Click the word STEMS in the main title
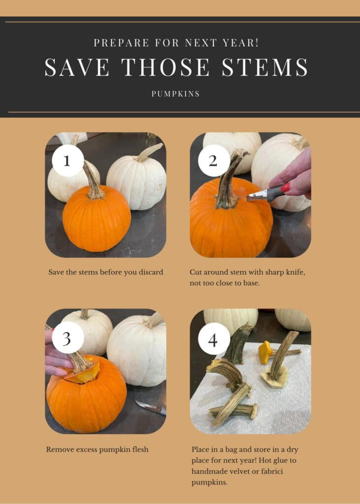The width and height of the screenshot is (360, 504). pyautogui.click(x=264, y=67)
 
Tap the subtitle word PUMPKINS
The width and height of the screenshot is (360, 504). pyautogui.click(x=176, y=94)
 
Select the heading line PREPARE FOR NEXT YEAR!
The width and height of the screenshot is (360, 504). pyautogui.click(x=176, y=42)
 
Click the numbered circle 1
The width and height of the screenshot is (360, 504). pyautogui.click(x=67, y=160)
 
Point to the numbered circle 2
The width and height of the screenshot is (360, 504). pyautogui.click(x=214, y=160)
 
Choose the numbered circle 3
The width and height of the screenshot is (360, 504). pyautogui.click(x=67, y=337)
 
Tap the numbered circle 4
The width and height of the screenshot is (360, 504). pyautogui.click(x=214, y=339)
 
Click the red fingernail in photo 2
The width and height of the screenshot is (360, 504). pyautogui.click(x=285, y=188)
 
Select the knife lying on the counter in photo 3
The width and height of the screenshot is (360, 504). pyautogui.click(x=151, y=407)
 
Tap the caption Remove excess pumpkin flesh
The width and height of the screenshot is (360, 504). pyautogui.click(x=97, y=449)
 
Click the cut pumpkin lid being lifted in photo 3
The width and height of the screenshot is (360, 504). pyautogui.click(x=81, y=373)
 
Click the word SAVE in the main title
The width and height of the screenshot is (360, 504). pyautogui.click(x=76, y=67)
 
